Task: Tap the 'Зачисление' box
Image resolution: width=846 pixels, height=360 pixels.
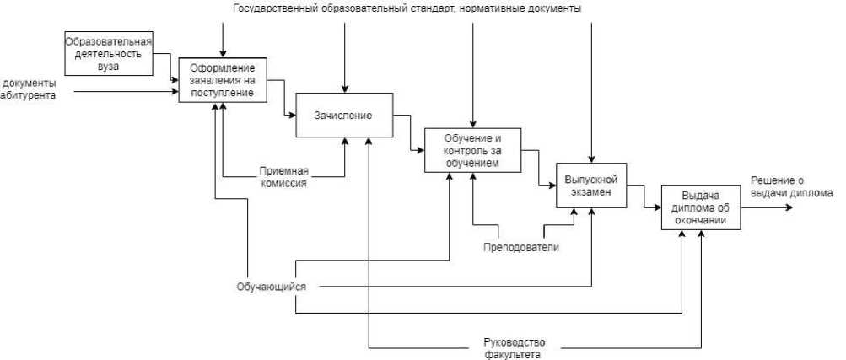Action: tap(343, 115)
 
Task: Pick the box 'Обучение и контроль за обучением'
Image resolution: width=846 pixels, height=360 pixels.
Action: tap(472, 150)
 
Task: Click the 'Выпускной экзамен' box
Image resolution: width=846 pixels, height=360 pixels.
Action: tap(590, 185)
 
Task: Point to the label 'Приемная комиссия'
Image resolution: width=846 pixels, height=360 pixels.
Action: tap(283, 175)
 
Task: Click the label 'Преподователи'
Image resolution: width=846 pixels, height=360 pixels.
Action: tap(521, 247)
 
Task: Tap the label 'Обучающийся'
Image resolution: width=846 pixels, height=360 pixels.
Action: tap(271, 287)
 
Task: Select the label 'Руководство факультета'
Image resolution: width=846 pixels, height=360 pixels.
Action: tap(515, 348)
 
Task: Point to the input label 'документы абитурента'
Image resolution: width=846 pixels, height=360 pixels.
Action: tap(29, 89)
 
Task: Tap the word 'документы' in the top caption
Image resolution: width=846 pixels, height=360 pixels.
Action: tap(552, 8)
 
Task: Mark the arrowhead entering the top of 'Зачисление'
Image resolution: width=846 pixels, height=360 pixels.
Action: tap(344, 89)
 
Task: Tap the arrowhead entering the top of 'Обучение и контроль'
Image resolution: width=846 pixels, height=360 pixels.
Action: tap(473, 124)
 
